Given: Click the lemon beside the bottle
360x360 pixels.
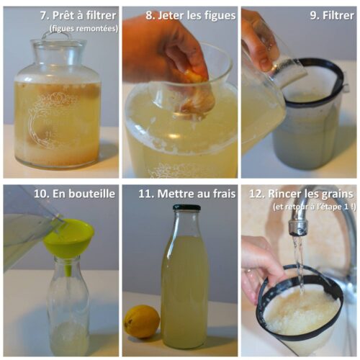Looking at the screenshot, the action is coord(142,322).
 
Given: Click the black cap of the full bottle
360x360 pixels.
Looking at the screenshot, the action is coord(186,207).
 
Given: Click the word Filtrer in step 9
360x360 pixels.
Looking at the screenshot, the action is coord(338,16).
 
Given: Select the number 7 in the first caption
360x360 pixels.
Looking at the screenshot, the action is coord(43,16).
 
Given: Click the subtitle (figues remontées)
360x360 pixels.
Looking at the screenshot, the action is coord(84,29).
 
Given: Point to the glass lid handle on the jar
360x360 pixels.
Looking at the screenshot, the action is coord(57,35).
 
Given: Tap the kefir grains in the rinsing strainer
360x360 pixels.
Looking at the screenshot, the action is coord(301,312).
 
